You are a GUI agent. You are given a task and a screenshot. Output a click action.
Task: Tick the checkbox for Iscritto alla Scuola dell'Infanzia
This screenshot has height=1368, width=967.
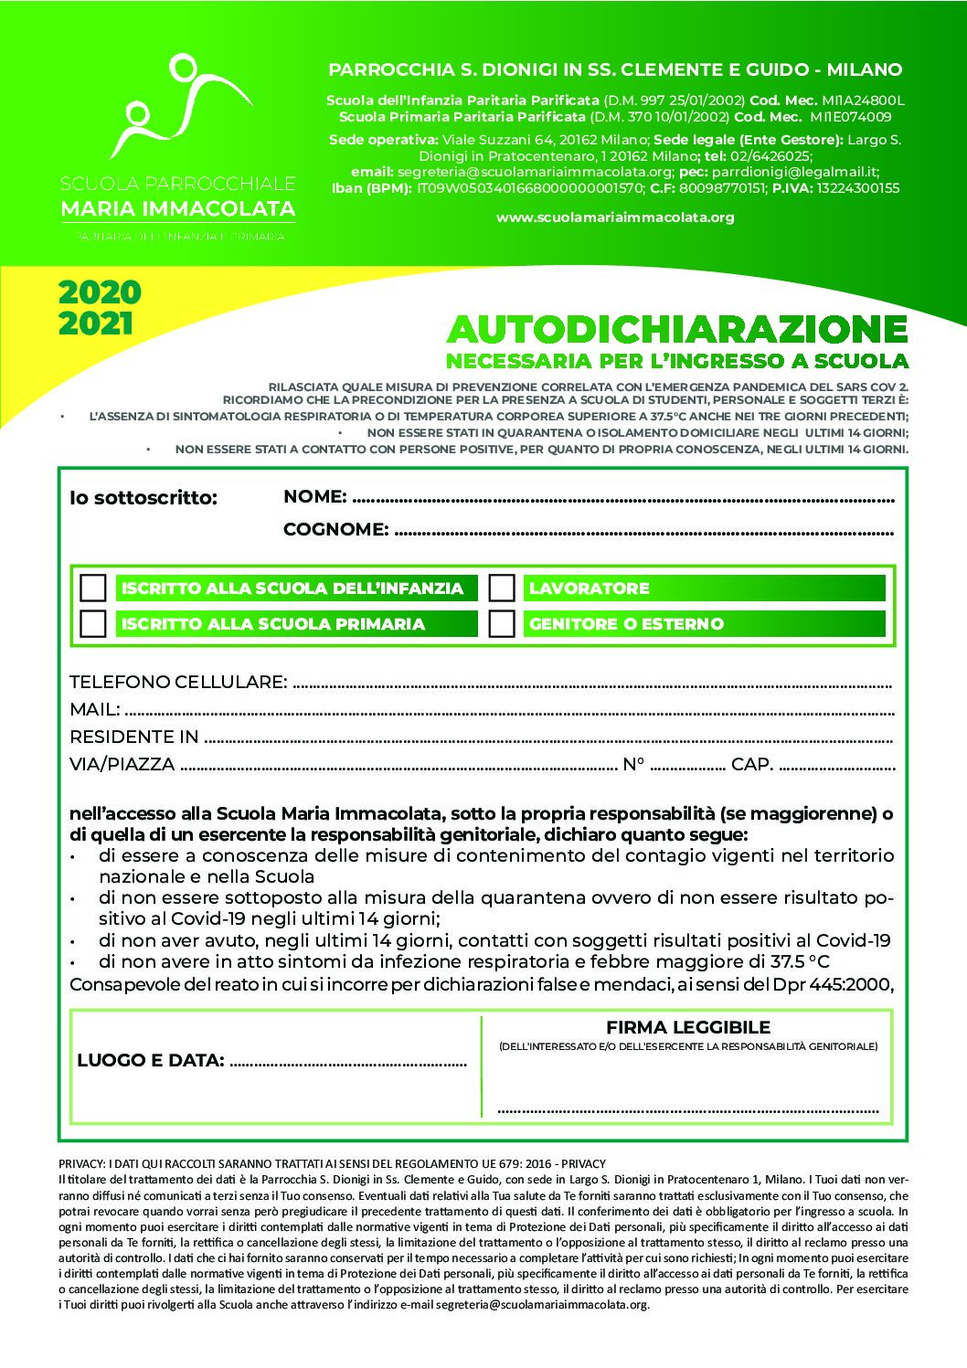[x=93, y=588]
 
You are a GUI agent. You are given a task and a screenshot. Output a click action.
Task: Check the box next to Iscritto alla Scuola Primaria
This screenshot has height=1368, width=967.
[x=93, y=623]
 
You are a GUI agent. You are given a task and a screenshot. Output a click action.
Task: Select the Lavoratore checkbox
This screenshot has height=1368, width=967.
[x=502, y=588]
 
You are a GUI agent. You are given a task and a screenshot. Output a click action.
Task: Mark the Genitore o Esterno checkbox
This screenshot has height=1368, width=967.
[x=502, y=623]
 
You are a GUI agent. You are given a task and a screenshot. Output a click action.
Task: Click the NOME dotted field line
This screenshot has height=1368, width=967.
[x=622, y=499]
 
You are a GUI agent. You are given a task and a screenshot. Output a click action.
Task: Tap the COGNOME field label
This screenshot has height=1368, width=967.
[x=335, y=529]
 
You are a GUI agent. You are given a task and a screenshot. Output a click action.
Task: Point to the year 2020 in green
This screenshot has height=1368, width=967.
[x=100, y=292]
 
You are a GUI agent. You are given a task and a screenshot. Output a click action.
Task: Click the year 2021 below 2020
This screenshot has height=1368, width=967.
[x=95, y=323]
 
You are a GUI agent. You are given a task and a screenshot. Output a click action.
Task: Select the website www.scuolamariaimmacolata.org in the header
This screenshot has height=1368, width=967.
[x=615, y=217]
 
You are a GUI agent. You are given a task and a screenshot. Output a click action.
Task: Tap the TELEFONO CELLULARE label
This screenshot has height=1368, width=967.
[x=178, y=682]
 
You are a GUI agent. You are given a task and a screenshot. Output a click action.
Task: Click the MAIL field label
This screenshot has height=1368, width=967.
[x=94, y=709]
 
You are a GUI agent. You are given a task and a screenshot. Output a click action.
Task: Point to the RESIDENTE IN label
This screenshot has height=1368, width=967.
[x=133, y=737]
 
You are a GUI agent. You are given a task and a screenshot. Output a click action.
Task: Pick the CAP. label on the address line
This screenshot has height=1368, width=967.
[x=752, y=764]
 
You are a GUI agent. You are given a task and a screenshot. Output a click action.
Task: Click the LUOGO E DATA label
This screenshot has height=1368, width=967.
[x=151, y=1060]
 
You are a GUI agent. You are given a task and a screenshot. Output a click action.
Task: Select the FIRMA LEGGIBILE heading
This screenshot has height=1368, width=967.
[x=688, y=1027]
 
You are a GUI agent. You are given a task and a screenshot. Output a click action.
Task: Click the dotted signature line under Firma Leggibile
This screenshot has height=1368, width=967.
[x=687, y=1110]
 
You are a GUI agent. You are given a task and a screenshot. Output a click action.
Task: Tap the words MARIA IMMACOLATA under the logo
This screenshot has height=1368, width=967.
[x=177, y=208]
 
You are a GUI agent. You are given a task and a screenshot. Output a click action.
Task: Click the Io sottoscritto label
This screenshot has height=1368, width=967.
[x=143, y=498]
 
